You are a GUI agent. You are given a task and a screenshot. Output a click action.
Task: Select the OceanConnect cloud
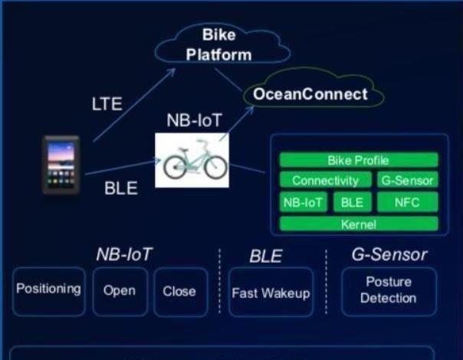pos(311,95)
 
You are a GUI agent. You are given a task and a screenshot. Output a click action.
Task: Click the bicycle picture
pos(192,159)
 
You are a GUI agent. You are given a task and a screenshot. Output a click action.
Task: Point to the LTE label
pos(106,104)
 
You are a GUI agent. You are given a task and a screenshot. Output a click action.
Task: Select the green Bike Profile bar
pos(358,161)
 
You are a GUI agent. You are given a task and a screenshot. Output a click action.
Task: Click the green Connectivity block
pos(325,181)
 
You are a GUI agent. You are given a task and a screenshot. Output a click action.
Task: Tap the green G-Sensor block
pos(406,181)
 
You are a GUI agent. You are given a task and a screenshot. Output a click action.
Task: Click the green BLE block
pos(352,202)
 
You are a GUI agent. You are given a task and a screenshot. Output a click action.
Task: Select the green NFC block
pos(406,202)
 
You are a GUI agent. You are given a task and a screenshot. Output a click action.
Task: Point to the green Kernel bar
pos(358,224)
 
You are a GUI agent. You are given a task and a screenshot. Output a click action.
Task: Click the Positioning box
pos(48,290)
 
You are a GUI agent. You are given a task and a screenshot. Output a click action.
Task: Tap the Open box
pos(119,291)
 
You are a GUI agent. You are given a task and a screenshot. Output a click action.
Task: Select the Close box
pos(179,291)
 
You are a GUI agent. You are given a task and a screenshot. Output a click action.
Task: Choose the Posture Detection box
pos(388,290)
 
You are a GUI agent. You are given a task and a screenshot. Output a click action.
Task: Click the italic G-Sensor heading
pos(388,254)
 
